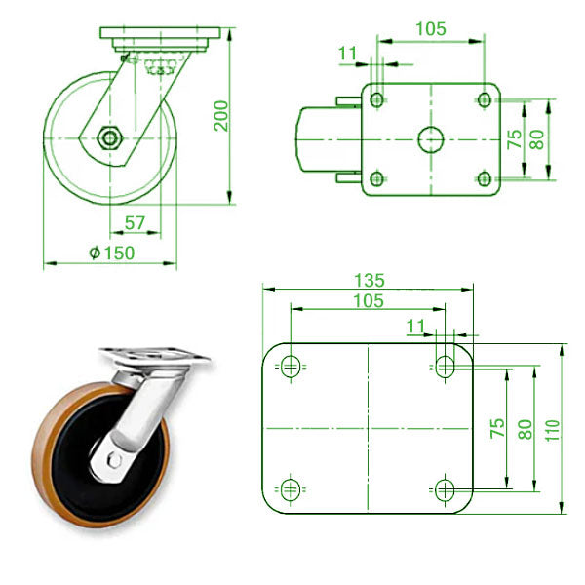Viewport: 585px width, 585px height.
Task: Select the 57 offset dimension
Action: click(x=136, y=223)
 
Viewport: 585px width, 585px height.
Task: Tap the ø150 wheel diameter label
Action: click(x=111, y=253)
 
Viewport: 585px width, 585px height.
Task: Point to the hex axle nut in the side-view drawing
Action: click(x=109, y=138)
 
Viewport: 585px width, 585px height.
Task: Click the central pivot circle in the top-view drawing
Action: click(x=430, y=139)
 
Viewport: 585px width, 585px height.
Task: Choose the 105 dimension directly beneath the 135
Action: click(x=367, y=301)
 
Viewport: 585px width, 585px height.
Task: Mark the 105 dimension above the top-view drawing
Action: click(x=429, y=29)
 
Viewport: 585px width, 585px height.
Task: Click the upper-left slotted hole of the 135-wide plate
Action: click(x=290, y=368)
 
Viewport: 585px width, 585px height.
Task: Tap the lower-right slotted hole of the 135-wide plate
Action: click(x=445, y=488)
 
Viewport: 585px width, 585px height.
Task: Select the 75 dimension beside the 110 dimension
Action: click(x=496, y=428)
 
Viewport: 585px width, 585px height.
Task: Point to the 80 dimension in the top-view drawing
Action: click(x=535, y=138)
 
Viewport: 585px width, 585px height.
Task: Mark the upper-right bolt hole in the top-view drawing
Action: click(x=484, y=98)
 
